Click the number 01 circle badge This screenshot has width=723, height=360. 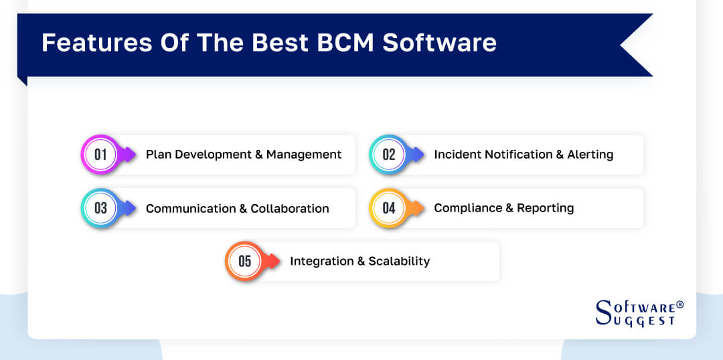[100, 155]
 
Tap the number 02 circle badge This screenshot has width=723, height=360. [389, 155]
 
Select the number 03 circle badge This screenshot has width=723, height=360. [100, 208]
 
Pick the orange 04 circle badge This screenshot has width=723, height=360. [389, 208]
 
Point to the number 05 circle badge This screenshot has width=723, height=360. [245, 261]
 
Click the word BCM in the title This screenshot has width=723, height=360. [344, 42]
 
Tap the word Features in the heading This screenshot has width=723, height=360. [88, 42]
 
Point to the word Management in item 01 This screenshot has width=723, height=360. [304, 155]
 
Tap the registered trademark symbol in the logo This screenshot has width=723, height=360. [679, 304]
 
